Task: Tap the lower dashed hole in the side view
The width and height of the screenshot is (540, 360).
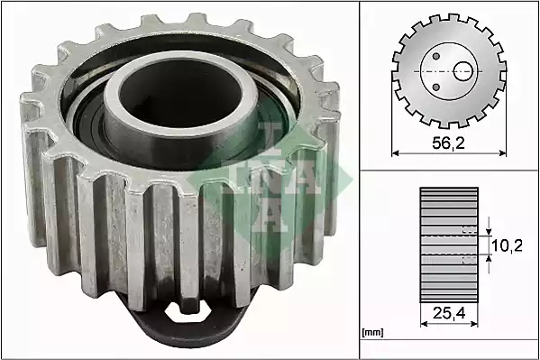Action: tap(468, 259)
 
